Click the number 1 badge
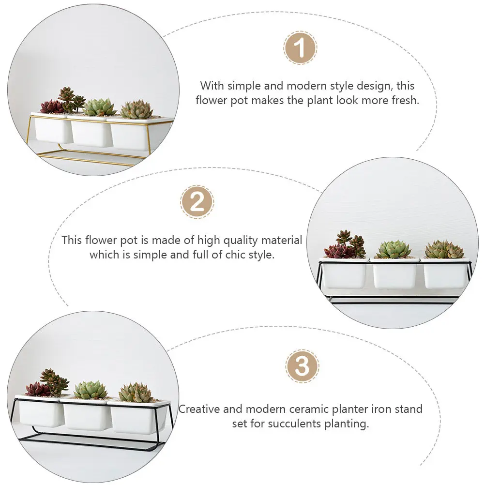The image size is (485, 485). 300,48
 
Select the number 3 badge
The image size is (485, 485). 302,366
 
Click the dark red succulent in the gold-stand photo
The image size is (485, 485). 51,106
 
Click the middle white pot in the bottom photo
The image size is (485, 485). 85,415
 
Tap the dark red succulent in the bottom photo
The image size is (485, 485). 38,389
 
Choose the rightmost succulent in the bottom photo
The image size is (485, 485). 136,393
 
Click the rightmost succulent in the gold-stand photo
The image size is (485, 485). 136,110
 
